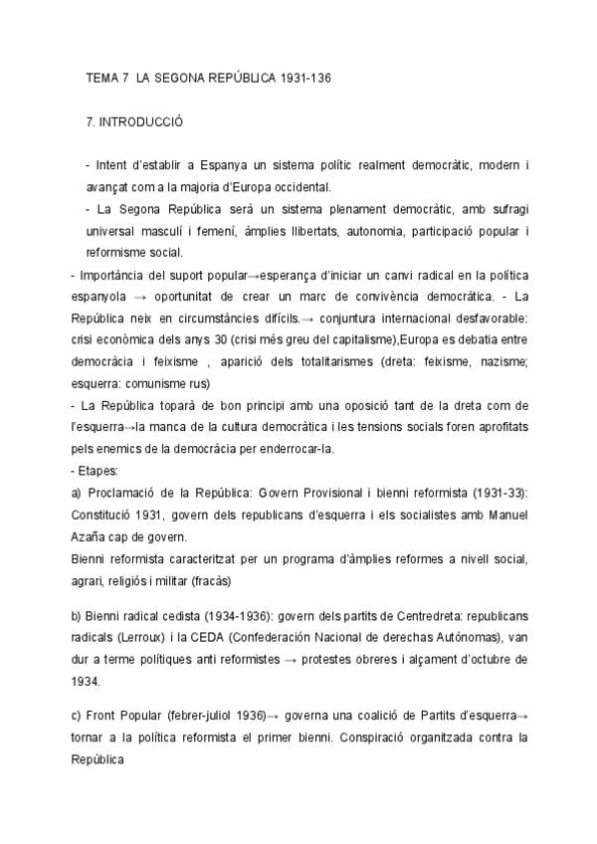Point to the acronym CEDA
point(229,636)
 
